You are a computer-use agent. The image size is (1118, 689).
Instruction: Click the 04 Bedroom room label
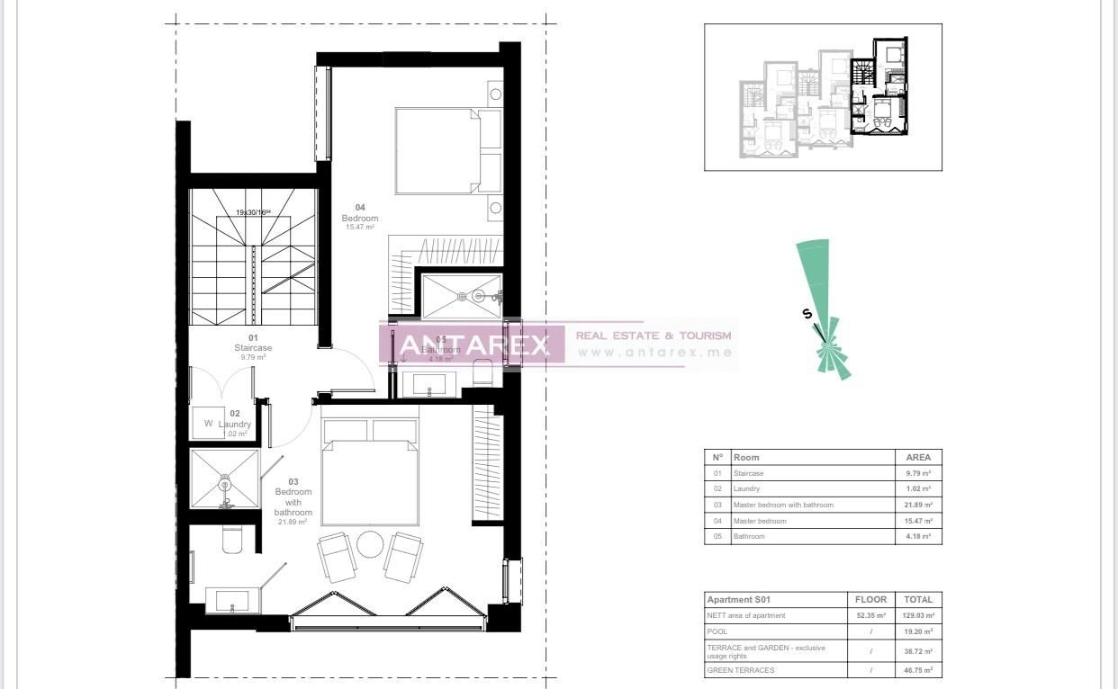point(360,218)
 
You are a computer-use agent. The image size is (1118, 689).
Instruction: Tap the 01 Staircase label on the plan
point(253,347)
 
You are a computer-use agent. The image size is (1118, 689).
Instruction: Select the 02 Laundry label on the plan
point(234,424)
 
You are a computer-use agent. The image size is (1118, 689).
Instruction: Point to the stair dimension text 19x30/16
point(253,212)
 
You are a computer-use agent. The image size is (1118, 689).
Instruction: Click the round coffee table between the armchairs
point(370,544)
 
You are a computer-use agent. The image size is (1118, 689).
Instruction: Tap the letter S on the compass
point(807,314)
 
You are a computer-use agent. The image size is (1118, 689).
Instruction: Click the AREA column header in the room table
point(918,457)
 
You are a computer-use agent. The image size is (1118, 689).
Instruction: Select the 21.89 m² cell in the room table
point(918,505)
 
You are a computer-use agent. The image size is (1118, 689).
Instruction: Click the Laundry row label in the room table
point(747,488)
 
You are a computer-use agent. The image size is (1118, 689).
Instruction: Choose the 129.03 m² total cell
point(918,615)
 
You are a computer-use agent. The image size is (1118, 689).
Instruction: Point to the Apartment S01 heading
point(738,599)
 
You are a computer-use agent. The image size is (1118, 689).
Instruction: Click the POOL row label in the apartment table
point(717,631)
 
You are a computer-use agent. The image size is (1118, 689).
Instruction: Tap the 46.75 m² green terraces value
point(918,670)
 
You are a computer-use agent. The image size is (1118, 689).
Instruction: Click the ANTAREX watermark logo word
point(473,344)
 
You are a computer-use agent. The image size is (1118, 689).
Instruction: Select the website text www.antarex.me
point(654,352)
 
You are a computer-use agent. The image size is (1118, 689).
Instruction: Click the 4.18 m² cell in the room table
point(918,536)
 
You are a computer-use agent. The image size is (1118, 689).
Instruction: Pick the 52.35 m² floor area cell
point(870,615)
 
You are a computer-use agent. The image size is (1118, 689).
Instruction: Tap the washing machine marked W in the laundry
point(209,423)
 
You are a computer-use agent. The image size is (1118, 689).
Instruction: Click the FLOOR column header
point(870,599)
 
